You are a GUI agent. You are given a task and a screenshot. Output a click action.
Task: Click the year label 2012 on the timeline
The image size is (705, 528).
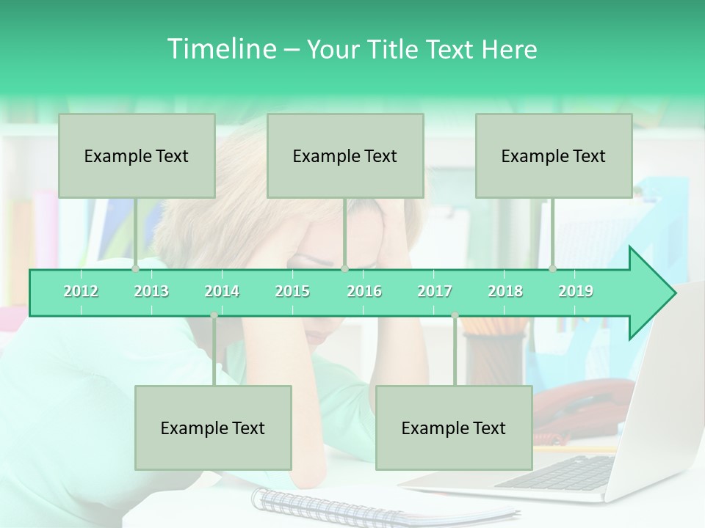(x=81, y=292)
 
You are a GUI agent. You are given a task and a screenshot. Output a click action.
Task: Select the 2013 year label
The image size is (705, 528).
(x=151, y=292)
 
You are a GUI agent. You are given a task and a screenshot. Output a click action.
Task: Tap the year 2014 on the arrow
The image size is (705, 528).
(x=222, y=292)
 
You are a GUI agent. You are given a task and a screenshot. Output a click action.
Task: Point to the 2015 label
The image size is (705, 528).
(x=292, y=292)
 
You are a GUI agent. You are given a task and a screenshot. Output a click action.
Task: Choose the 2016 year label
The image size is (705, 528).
(x=364, y=292)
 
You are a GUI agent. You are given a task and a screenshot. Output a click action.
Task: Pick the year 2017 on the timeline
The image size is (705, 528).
(x=435, y=292)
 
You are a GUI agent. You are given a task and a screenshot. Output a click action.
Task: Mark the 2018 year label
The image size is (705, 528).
(x=505, y=292)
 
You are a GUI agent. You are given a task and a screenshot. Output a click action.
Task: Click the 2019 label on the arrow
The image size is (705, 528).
(x=576, y=292)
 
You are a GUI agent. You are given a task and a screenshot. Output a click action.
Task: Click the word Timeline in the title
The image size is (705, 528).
(x=220, y=49)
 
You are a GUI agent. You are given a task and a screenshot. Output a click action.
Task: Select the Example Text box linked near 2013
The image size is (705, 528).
(x=137, y=155)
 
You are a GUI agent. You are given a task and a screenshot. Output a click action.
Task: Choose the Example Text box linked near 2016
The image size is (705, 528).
(x=345, y=155)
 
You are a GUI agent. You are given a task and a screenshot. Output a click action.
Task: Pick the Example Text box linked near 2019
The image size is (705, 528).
(x=554, y=155)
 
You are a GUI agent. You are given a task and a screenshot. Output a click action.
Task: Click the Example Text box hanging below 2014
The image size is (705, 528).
(x=213, y=428)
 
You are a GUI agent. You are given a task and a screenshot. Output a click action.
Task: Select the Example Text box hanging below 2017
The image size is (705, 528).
(x=454, y=428)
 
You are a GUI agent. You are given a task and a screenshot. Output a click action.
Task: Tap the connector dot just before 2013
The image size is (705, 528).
(x=136, y=269)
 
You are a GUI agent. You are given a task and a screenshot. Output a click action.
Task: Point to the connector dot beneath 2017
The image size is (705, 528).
(x=455, y=315)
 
